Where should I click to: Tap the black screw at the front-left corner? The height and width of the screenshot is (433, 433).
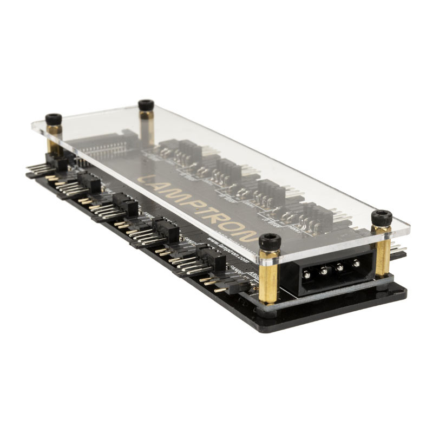tap(269, 241)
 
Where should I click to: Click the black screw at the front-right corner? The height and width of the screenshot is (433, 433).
tap(382, 218)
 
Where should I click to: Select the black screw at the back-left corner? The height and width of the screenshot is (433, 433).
tap(53, 119)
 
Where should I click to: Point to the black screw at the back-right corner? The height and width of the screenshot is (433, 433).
tap(146, 104)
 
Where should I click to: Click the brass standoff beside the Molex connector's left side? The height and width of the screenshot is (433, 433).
tap(269, 276)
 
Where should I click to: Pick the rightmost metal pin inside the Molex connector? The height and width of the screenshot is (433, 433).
tap(356, 264)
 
